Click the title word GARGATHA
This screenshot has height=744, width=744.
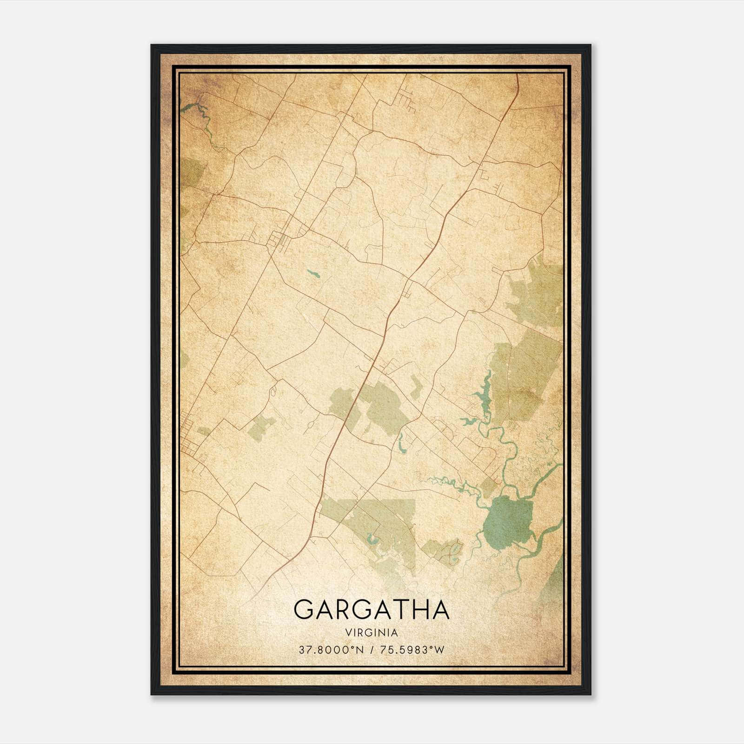(x=372, y=610)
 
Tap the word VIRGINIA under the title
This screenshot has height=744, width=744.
(x=372, y=633)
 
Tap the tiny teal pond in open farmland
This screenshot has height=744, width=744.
(x=313, y=273)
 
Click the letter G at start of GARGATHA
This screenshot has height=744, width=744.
(x=305, y=610)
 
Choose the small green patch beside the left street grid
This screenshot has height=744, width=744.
(x=204, y=431)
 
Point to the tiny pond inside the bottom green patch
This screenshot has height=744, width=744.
(x=453, y=551)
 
